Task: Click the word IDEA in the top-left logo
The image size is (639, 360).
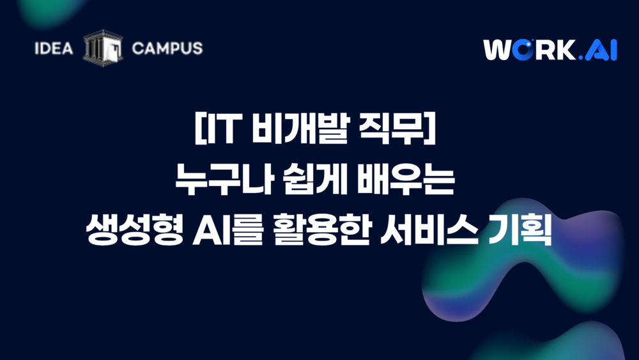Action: point(54,49)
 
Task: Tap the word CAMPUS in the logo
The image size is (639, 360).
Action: point(167,49)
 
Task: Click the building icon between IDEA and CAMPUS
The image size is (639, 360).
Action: point(103,48)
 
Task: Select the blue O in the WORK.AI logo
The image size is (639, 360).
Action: point(522,50)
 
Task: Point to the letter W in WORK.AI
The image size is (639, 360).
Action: point(497,50)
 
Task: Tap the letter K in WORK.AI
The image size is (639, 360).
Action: point(567,50)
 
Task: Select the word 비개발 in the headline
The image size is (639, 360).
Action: point(300,129)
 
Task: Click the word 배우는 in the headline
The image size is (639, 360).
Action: point(406,179)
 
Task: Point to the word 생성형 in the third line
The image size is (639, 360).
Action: point(134,230)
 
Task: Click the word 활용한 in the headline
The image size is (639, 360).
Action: point(321,230)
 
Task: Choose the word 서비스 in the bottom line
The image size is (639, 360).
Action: point(429,230)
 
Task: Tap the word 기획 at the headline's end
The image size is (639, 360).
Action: point(520,230)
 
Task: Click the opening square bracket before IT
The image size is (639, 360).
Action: point(199,129)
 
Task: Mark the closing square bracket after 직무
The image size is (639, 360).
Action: point(430,129)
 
